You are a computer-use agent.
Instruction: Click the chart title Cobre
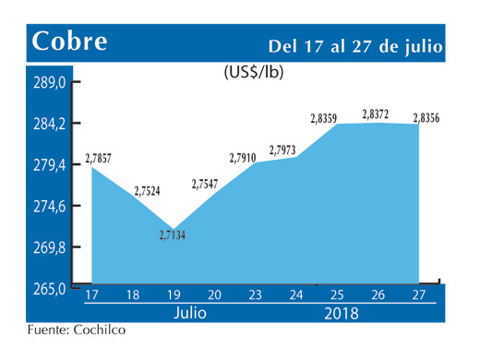(x=70, y=42)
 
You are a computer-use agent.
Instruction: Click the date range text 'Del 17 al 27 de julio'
(x=355, y=45)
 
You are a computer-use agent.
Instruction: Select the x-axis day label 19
(x=173, y=295)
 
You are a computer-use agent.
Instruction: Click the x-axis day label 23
(x=255, y=295)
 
